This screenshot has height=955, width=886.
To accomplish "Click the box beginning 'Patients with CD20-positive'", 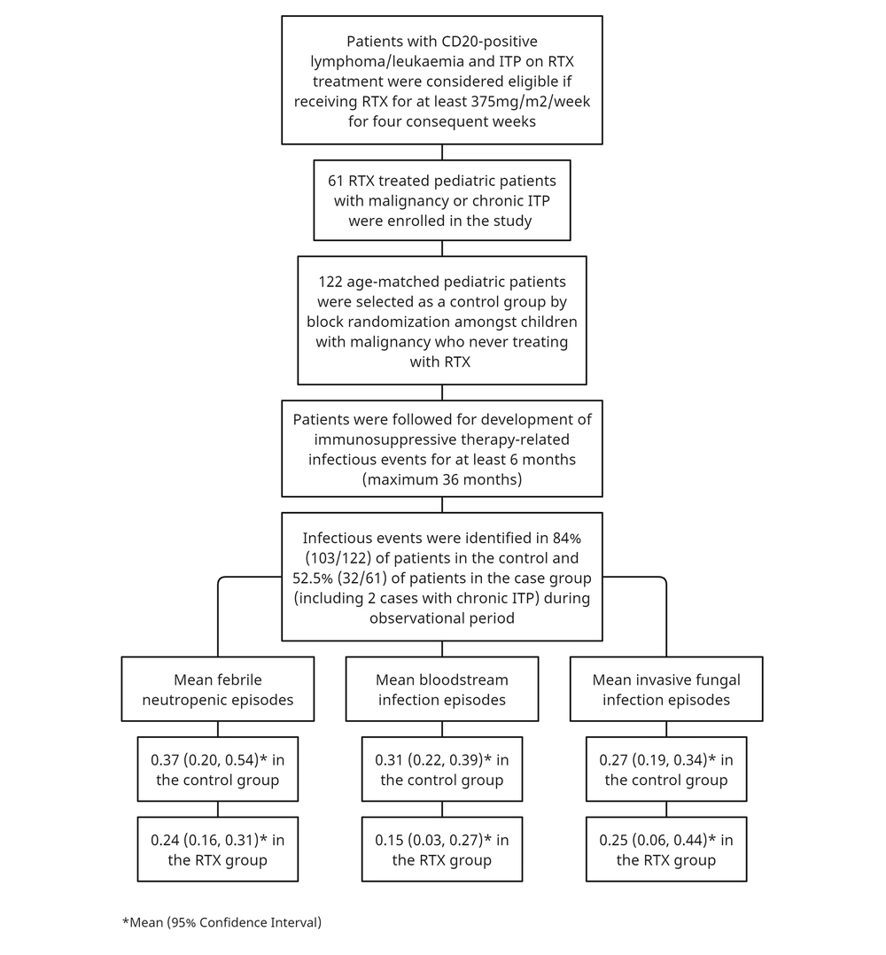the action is point(441,80).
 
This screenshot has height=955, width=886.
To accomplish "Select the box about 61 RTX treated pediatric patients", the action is point(441,200).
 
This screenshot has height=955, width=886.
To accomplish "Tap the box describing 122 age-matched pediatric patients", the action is point(441,321).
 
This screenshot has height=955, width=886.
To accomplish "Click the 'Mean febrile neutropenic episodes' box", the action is point(217,689).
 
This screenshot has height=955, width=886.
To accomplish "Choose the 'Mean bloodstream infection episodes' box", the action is point(441,689).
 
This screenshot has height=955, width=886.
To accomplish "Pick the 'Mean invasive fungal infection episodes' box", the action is point(666,689).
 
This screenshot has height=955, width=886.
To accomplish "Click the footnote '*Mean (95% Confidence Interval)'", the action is point(221,923).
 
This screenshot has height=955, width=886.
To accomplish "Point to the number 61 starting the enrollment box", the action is point(336,181).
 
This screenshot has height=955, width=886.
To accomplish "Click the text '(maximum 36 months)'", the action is point(442,479).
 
